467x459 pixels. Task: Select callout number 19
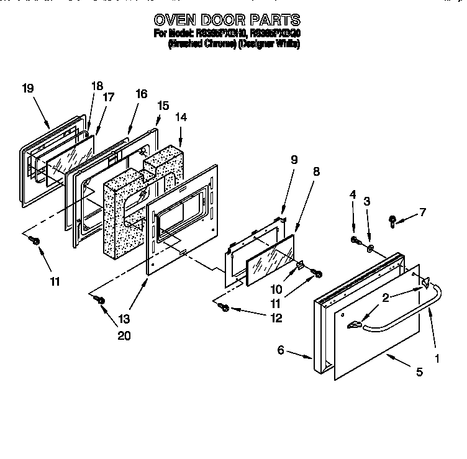tap(27, 88)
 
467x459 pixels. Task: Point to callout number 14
tap(180, 116)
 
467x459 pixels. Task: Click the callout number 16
tap(141, 94)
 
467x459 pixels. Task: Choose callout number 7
tap(422, 212)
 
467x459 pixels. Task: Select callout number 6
tap(281, 350)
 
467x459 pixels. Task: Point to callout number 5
tap(420, 372)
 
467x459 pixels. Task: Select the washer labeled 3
tap(370, 250)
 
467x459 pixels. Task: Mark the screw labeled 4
tap(355, 240)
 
